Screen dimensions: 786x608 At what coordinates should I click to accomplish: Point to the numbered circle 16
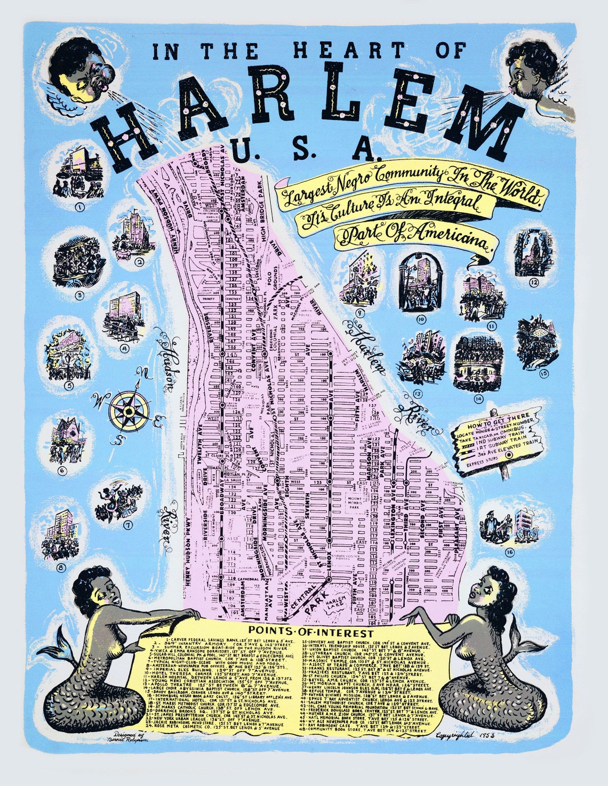point(509,552)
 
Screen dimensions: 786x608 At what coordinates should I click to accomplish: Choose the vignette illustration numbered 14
point(478,363)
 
